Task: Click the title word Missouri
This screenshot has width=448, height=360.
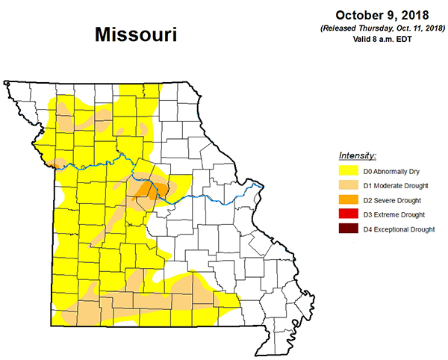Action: point(136,34)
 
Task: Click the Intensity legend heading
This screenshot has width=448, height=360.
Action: point(358,156)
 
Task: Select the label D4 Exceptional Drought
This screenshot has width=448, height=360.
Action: point(399,229)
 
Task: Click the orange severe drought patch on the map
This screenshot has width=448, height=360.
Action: point(148,192)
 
